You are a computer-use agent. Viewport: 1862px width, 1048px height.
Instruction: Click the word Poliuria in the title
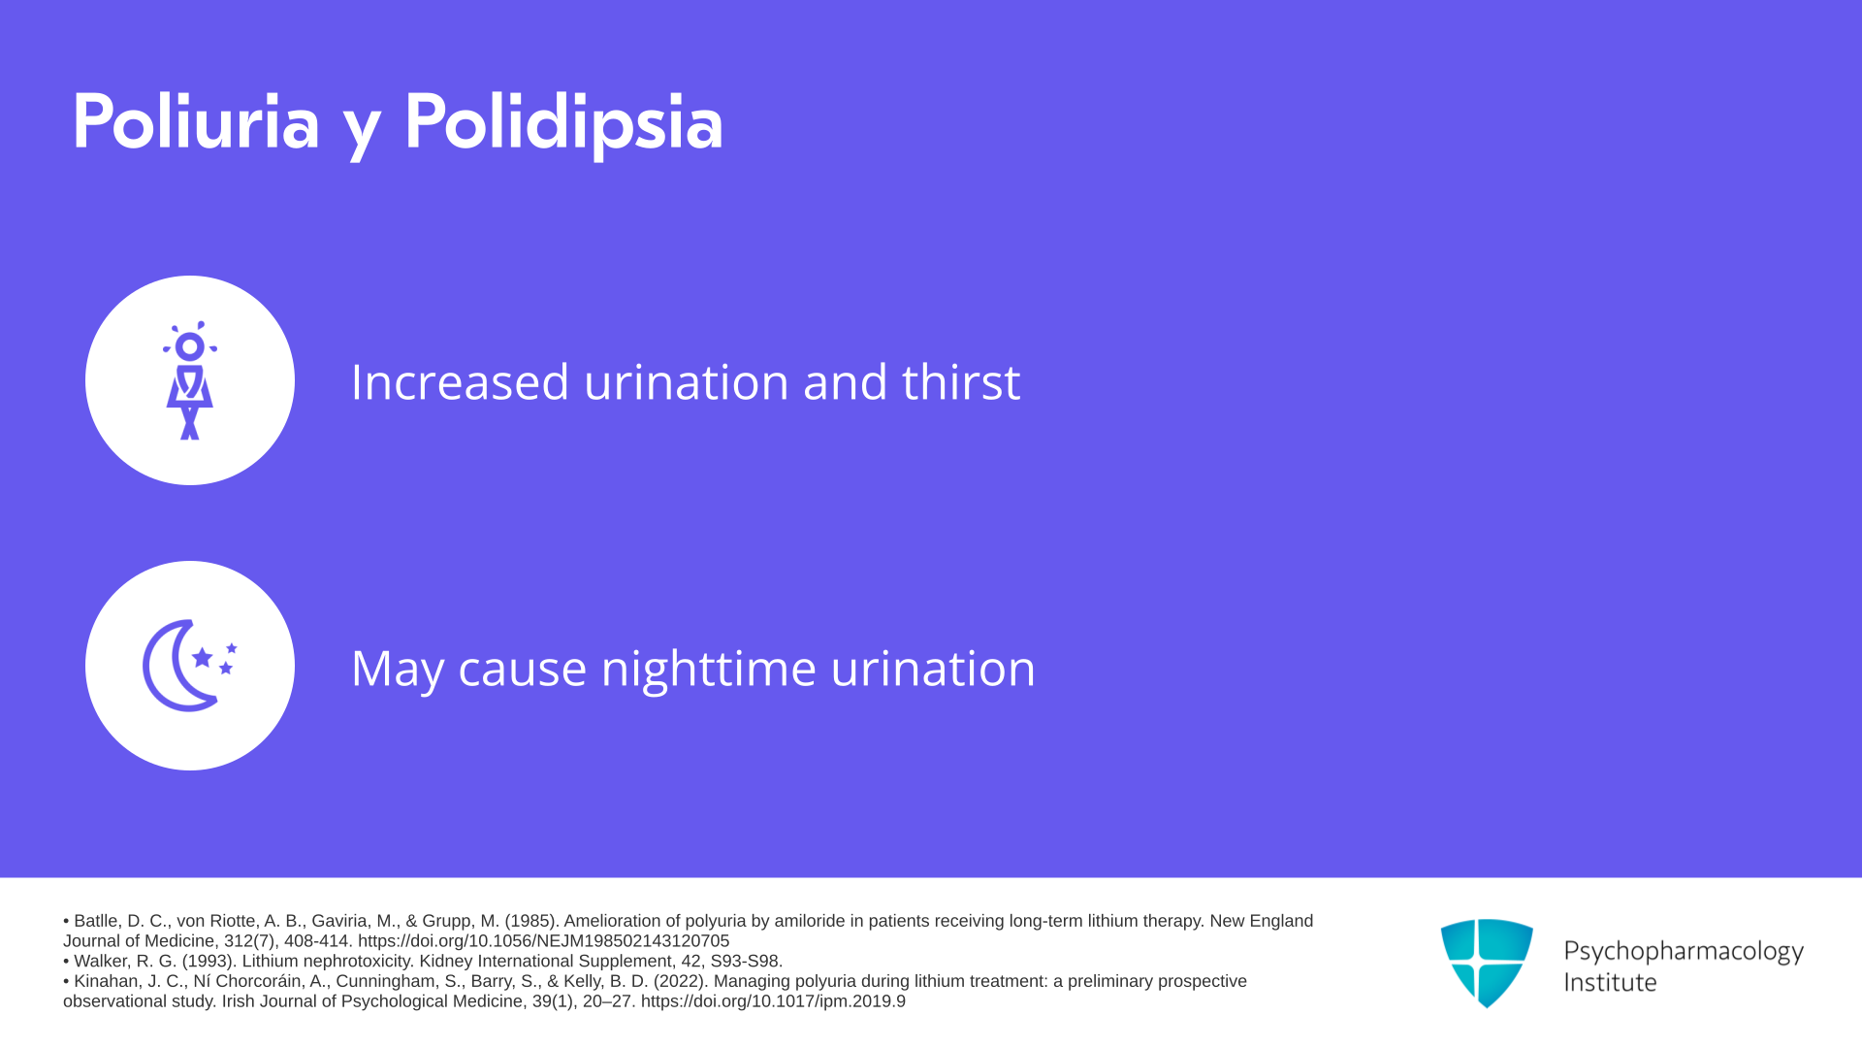(x=196, y=121)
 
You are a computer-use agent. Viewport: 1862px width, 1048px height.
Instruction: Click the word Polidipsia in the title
(x=563, y=123)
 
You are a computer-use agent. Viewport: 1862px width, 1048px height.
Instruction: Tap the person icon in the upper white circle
(x=190, y=380)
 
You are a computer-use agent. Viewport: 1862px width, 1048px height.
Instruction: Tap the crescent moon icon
(x=179, y=666)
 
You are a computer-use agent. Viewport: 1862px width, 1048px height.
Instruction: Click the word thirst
(x=961, y=381)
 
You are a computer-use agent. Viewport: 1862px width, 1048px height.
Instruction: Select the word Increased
(x=460, y=381)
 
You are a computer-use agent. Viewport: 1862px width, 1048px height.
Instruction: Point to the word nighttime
(x=709, y=670)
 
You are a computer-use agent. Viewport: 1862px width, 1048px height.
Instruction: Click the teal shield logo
(x=1487, y=963)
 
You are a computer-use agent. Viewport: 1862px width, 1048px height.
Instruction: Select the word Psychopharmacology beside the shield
(x=1684, y=951)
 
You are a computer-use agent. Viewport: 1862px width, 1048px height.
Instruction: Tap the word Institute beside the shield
(x=1610, y=982)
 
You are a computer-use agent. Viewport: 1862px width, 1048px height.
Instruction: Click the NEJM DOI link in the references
(x=543, y=941)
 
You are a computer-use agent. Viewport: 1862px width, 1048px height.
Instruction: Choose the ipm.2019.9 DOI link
(x=773, y=1001)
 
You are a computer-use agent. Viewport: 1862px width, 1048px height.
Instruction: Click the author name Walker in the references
(x=101, y=962)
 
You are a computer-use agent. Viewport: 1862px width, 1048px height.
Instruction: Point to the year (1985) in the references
(x=531, y=921)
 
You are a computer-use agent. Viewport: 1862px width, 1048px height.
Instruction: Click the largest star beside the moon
(x=202, y=657)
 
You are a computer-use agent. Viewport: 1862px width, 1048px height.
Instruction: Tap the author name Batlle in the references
(x=96, y=921)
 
